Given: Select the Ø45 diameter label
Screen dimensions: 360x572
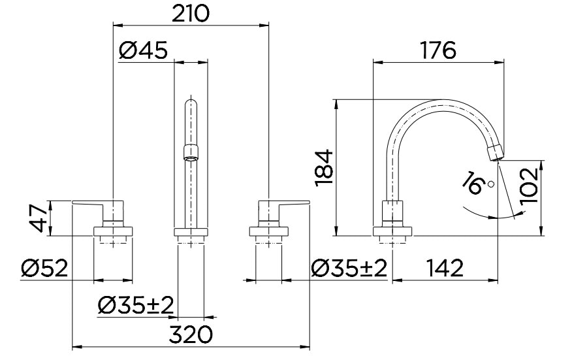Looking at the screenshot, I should pos(144,50).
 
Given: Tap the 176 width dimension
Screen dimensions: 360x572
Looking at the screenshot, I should pos(439,50).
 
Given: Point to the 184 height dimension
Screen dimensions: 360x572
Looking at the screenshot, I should pos(325,169).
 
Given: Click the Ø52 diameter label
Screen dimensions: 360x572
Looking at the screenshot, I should pos(44,269).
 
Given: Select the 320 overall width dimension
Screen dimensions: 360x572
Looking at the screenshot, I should pos(191,335).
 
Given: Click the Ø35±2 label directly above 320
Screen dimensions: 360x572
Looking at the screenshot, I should pos(136,304).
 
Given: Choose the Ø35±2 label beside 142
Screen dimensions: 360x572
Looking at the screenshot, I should pos(349,269).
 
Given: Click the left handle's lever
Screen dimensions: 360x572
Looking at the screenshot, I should pos(91,203).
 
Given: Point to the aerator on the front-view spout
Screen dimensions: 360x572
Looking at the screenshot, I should pos(190,152).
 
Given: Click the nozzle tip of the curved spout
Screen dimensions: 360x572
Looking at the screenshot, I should pos(497,152).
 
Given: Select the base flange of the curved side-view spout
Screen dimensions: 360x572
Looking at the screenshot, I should pos(393,231).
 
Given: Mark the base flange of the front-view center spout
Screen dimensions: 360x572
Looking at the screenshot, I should pos(191,232).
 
